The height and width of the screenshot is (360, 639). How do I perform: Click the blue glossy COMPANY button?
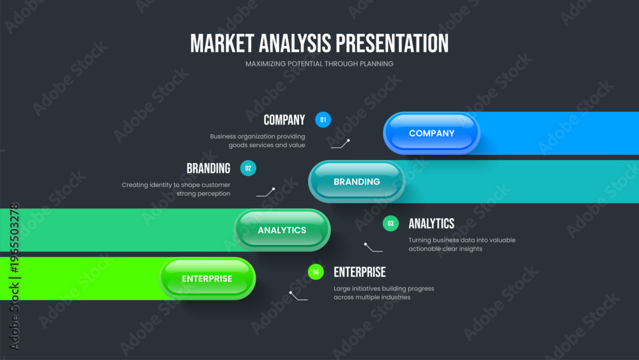point(431,133)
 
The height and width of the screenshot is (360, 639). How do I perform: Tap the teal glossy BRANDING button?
point(357,182)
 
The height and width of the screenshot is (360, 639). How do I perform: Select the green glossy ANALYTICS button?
point(282,230)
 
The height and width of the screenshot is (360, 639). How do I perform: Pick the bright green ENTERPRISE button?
point(208,279)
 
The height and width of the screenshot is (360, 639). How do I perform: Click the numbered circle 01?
point(323,120)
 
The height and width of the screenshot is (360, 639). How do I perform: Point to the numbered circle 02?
point(248,168)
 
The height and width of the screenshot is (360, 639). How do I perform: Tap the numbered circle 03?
point(390,223)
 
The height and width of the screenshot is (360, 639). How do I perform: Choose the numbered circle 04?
point(316,272)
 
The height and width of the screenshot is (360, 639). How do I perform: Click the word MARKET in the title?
point(222,43)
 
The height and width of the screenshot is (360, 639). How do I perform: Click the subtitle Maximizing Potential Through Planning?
point(319,64)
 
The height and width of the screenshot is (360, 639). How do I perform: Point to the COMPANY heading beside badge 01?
point(284,120)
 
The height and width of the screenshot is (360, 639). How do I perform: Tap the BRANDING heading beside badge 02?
point(208,168)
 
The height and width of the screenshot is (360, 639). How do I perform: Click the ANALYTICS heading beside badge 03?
point(431,223)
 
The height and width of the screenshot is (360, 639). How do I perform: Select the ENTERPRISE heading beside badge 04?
point(359,272)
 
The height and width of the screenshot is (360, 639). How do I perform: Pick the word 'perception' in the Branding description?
point(214,194)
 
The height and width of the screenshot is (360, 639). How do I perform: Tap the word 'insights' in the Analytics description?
point(470,249)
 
